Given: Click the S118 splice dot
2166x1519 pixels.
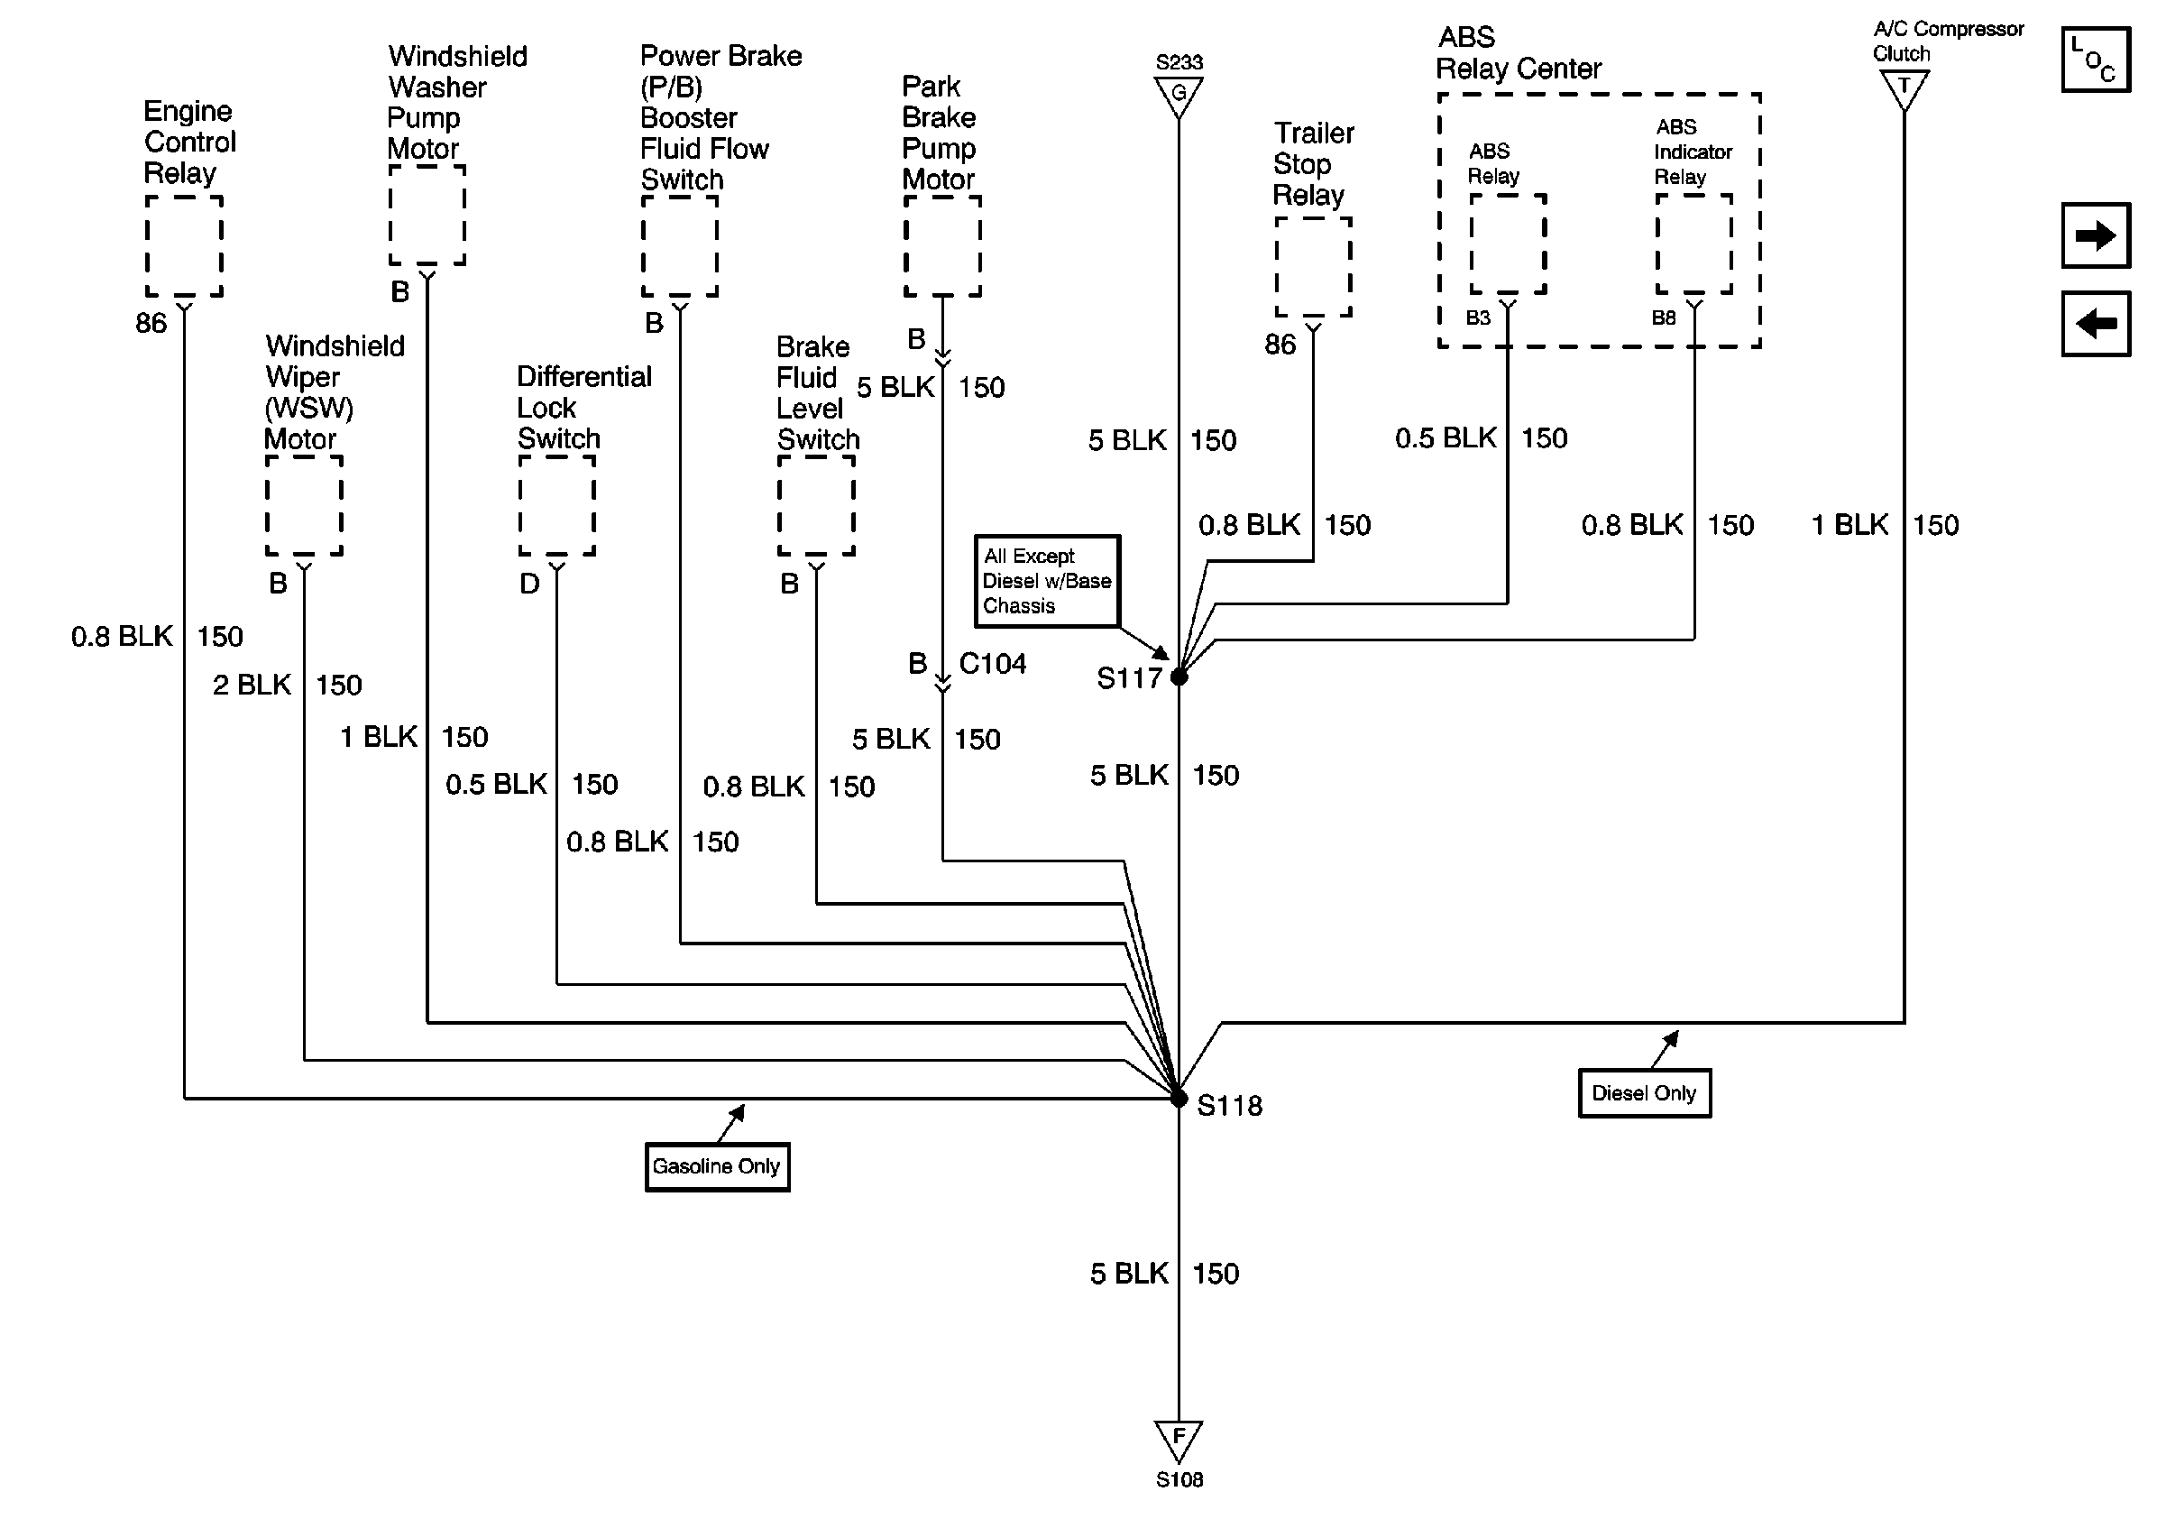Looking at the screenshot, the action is tap(1179, 1099).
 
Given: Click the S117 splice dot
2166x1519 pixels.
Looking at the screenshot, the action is tap(1179, 677).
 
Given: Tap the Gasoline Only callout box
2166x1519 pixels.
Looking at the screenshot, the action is tap(717, 1166).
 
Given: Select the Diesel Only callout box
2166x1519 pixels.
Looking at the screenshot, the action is tap(1644, 1092).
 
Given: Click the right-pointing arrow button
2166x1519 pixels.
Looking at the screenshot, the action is tap(2096, 235).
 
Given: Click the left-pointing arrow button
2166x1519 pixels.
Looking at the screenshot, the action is tap(2096, 324).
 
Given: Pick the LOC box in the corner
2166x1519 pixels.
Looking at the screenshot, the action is tap(2096, 60).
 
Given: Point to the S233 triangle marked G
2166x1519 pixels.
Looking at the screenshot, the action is tap(1179, 96).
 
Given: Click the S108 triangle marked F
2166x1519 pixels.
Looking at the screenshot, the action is tap(1179, 1441).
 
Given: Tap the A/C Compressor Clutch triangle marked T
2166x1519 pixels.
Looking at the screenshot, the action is tap(1904, 90).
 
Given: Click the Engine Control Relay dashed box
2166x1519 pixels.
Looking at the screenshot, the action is tap(184, 246).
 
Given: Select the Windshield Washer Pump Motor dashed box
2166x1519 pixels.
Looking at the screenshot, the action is tap(427, 215).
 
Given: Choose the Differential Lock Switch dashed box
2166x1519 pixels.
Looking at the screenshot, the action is tap(556, 506).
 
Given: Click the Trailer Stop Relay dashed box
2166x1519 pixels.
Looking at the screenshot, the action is tap(1313, 267).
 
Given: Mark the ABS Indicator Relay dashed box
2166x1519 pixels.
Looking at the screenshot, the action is tap(1694, 244).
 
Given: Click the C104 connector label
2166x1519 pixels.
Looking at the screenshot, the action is tap(993, 663).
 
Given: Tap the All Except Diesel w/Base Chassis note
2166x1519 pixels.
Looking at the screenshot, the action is tap(1047, 581).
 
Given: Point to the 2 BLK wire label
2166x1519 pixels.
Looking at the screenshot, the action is tap(252, 684).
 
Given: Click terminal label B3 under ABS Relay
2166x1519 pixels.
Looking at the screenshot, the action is tap(1478, 318).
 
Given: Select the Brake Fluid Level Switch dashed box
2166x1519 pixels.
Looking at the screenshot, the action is tap(816, 506).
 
